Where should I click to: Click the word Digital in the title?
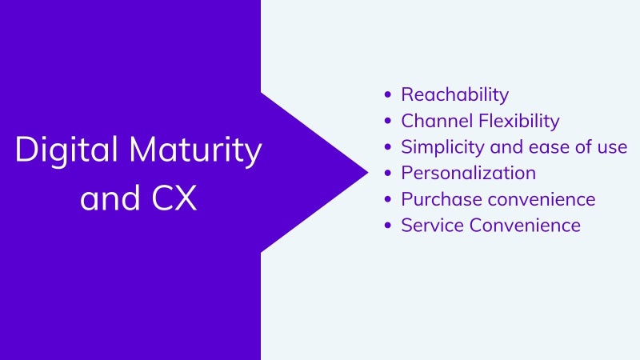click(x=66, y=150)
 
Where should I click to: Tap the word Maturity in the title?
click(x=195, y=150)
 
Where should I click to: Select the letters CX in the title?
click(x=174, y=198)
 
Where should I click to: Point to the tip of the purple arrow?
click(x=368, y=172)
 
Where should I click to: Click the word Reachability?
click(x=454, y=94)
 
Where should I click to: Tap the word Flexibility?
click(x=519, y=122)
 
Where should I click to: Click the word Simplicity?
click(x=442, y=147)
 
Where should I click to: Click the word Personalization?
click(x=469, y=173)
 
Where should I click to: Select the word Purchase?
click(x=442, y=199)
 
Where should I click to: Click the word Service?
click(x=432, y=226)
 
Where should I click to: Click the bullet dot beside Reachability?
click(x=388, y=94)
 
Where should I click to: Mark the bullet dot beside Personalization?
click(x=388, y=173)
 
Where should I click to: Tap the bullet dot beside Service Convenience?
click(x=388, y=226)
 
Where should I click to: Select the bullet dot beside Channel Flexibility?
click(x=388, y=121)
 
